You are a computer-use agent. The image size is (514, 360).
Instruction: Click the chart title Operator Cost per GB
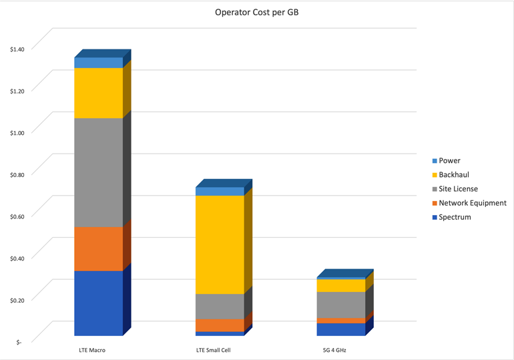[256, 11]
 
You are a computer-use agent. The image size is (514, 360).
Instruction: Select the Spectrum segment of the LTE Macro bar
[98, 303]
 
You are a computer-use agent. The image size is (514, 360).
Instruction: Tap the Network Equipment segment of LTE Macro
[98, 248]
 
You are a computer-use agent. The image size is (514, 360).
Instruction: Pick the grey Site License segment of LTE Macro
[98, 172]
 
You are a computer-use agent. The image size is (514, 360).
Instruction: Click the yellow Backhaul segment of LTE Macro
[98, 93]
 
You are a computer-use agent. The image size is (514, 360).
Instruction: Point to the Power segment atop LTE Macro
[98, 63]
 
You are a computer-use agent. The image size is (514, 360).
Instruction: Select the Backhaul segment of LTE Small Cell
[220, 244]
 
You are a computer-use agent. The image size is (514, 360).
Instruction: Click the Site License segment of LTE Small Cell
[220, 306]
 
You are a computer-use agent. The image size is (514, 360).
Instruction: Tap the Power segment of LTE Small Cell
[220, 192]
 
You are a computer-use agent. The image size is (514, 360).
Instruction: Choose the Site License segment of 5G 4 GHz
[341, 305]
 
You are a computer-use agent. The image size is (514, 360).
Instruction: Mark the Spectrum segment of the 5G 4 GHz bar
[341, 329]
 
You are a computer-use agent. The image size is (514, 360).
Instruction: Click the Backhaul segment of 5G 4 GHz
[341, 285]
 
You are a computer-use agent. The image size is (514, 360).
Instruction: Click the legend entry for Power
[449, 161]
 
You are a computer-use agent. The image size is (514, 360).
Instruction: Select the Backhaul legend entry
[454, 175]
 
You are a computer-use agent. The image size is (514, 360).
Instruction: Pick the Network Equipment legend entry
[472, 203]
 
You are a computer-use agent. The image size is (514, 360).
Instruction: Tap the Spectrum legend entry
[455, 217]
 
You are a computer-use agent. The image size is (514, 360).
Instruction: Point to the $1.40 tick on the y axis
[17, 49]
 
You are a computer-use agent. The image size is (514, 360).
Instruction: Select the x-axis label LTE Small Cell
[213, 350]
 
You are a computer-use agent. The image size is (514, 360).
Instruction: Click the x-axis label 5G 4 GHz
[334, 350]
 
